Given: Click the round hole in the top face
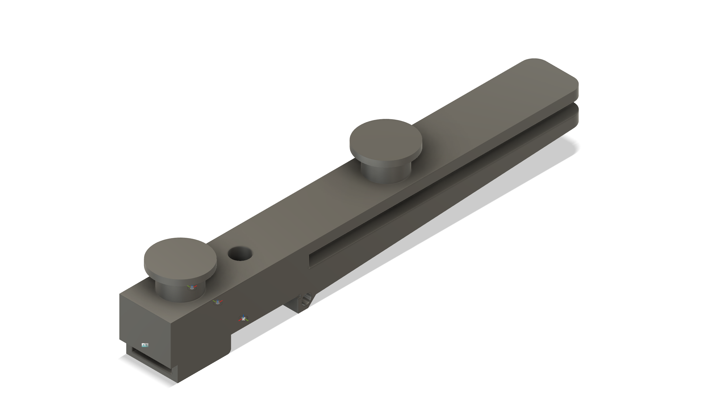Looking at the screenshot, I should [240, 254].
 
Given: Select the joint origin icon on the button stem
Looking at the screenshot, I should [192, 288].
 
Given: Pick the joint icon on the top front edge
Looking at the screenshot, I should [218, 302].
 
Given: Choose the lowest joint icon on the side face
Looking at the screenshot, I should [243, 318].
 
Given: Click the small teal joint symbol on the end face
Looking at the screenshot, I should [145, 345].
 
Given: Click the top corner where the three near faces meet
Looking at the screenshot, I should [170, 324].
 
